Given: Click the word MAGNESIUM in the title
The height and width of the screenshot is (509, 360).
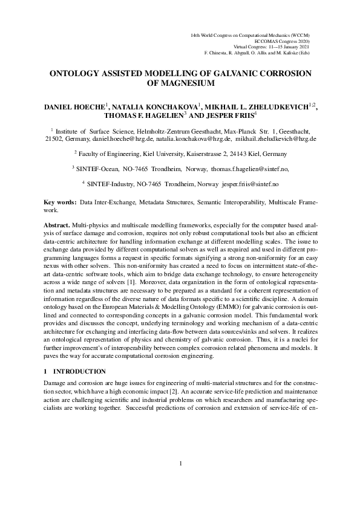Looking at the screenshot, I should pos(180,83).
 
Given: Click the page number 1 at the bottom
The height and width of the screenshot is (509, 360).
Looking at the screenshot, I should pos(180,481).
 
